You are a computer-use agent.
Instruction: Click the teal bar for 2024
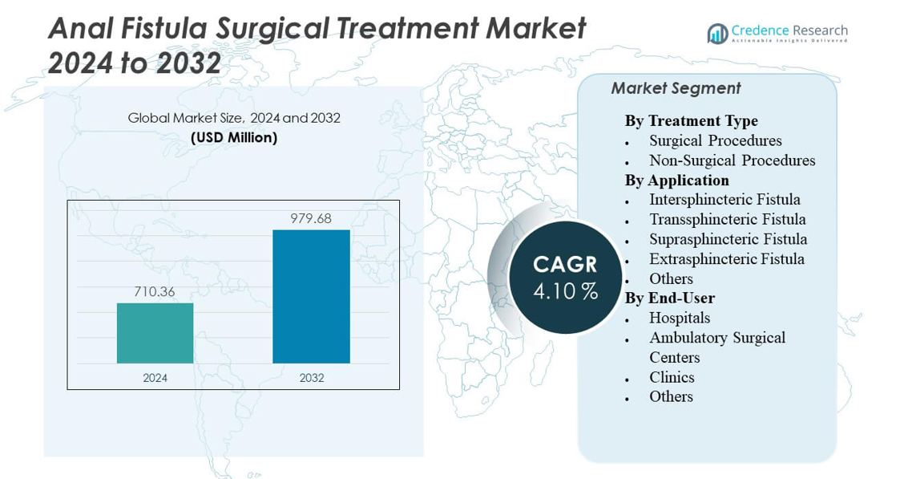(155, 333)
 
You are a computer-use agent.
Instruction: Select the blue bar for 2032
(311, 296)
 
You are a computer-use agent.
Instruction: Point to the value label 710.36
(155, 291)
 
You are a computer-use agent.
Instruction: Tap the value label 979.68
(311, 218)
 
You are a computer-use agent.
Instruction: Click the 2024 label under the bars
(155, 377)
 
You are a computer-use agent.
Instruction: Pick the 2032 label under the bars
(311, 377)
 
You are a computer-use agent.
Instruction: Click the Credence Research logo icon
(717, 33)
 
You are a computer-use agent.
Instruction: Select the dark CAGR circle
(565, 276)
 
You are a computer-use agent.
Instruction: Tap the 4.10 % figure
(565, 291)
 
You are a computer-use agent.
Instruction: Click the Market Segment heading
(676, 89)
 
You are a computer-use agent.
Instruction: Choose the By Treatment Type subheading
(691, 121)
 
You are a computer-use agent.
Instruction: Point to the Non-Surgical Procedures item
(732, 160)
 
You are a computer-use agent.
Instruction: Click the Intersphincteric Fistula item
(724, 200)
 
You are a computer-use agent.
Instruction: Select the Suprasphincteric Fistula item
(728, 239)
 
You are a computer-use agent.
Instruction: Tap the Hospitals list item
(680, 318)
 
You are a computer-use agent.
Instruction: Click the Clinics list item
(672, 377)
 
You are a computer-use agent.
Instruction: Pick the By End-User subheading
(669, 298)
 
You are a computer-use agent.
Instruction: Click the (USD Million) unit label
(234, 138)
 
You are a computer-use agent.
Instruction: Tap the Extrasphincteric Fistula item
(726, 259)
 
